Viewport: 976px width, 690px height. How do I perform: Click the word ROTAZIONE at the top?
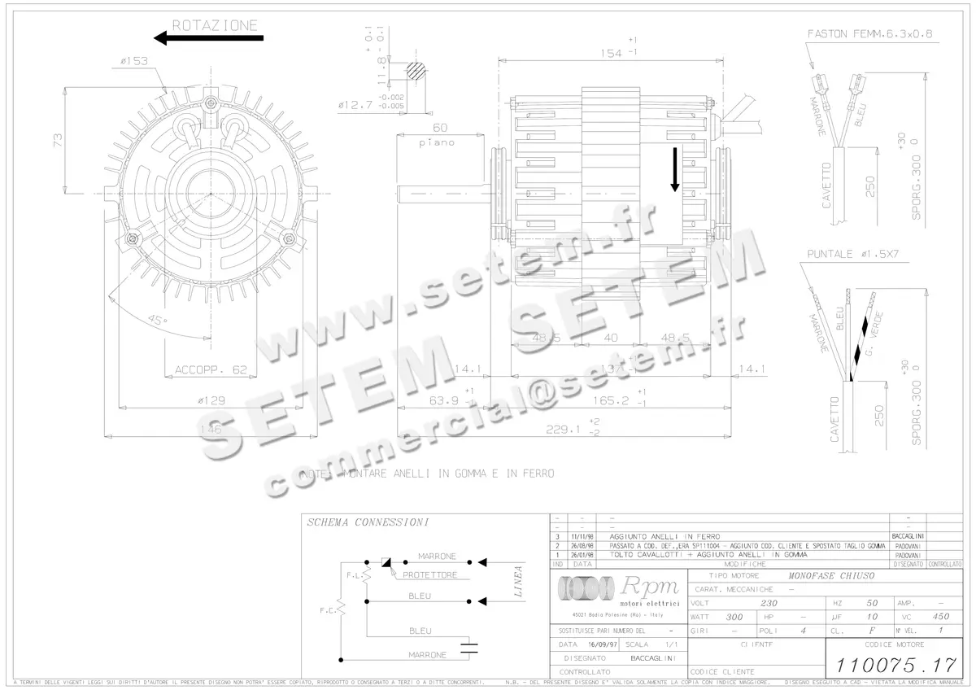[215, 25]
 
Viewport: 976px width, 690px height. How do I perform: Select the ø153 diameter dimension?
[133, 60]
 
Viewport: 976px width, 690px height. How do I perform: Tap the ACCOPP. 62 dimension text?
[211, 369]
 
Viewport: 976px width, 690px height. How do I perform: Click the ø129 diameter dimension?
[211, 400]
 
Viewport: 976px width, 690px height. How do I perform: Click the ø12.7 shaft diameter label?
[355, 104]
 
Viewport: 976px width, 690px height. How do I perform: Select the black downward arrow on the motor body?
[674, 169]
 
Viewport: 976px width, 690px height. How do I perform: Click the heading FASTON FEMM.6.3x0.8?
[869, 34]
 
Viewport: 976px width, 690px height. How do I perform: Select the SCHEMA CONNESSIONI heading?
[367, 522]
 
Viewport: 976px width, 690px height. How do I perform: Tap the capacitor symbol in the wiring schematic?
[469, 649]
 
